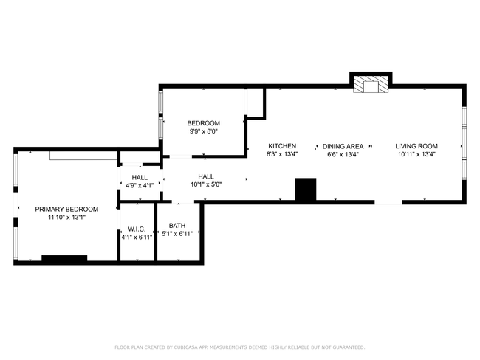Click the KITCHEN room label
tap(282, 146)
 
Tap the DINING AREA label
tap(343, 146)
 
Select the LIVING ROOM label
tap(416, 146)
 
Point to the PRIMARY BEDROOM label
tap(66, 210)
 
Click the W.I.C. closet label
tap(137, 229)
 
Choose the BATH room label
tap(177, 226)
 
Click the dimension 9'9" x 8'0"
tap(203, 131)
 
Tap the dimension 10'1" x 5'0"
tap(206, 184)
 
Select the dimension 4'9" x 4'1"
tap(140, 185)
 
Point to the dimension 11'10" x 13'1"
tap(66, 218)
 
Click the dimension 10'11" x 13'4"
tap(416, 154)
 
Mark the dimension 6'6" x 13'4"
tap(343, 154)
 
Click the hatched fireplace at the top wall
tap(371, 84)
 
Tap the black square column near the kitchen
tap(305, 189)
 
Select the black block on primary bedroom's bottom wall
tap(64, 258)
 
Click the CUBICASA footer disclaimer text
tap(240, 347)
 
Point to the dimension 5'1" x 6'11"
tap(177, 234)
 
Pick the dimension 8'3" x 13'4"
tap(282, 154)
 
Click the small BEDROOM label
tap(203, 123)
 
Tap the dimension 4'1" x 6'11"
tap(137, 238)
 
